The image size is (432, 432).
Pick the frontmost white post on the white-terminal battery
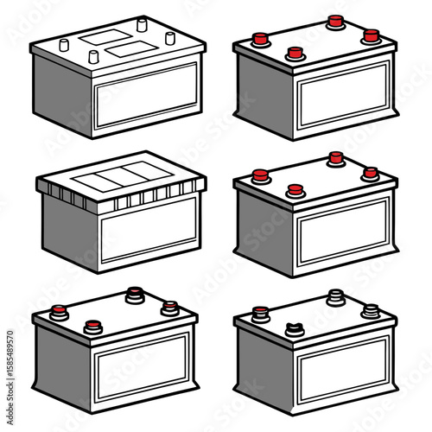tap(92, 57)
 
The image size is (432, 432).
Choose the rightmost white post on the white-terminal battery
tap(169, 37)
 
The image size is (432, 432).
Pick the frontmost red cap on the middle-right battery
tap(295, 190)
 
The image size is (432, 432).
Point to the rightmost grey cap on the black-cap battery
tap(371, 310)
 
